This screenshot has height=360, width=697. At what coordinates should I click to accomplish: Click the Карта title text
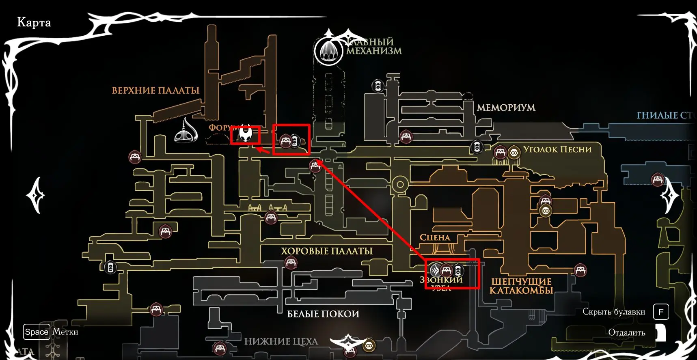(34, 22)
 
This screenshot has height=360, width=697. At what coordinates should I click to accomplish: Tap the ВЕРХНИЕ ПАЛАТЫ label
(155, 91)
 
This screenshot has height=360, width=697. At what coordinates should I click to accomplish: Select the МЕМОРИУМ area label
(506, 108)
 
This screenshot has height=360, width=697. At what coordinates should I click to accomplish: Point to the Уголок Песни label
(557, 149)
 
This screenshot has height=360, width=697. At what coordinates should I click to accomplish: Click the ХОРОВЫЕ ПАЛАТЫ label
(326, 251)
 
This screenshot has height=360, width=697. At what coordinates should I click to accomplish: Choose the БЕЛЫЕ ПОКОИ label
(323, 314)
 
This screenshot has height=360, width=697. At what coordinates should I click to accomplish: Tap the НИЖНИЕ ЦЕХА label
(281, 342)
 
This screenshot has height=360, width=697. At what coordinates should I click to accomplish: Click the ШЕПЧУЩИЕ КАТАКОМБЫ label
(521, 286)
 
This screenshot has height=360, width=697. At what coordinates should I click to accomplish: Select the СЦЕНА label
(435, 238)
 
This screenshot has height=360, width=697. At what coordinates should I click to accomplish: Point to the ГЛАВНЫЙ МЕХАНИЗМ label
(373, 46)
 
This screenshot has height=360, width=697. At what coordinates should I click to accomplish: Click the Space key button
(37, 332)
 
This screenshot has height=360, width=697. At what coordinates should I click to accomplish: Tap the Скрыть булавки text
(614, 312)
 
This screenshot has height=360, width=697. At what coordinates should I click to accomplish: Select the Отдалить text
(626, 333)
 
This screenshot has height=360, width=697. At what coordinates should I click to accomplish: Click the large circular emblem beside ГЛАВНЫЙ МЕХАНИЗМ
(328, 51)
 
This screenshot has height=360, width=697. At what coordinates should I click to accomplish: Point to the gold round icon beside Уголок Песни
(514, 153)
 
